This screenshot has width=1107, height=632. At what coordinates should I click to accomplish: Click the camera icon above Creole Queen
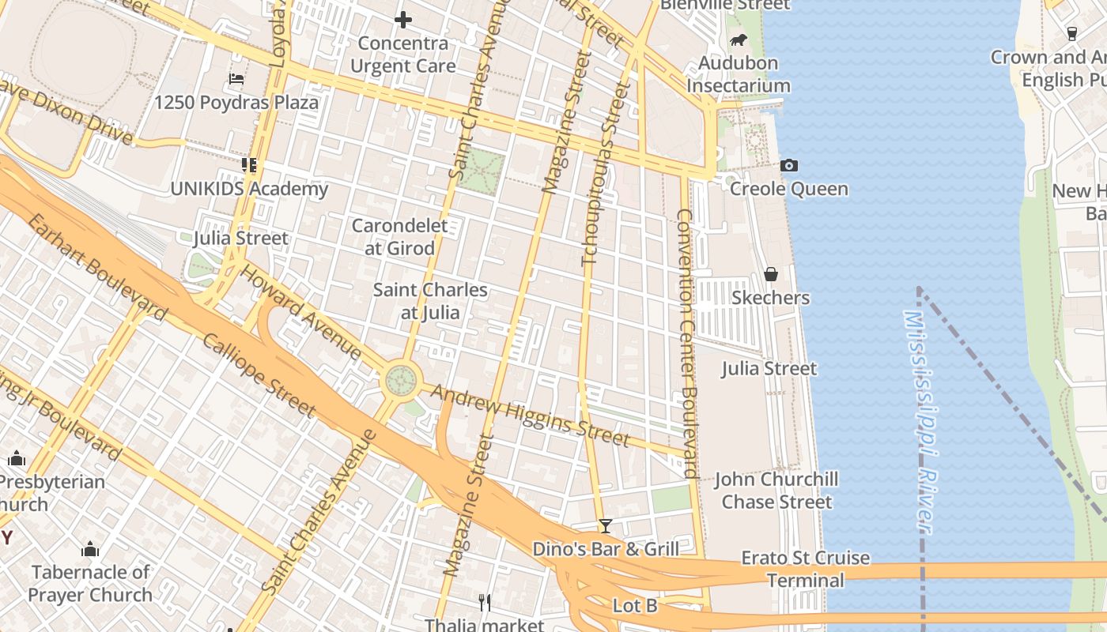(788, 165)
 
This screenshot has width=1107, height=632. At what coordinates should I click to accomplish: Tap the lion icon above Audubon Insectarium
(738, 39)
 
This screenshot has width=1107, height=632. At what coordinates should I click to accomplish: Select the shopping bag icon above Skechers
(771, 274)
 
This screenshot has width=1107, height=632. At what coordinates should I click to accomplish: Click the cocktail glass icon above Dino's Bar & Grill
(606, 525)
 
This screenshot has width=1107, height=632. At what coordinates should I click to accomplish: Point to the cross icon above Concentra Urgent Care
(403, 20)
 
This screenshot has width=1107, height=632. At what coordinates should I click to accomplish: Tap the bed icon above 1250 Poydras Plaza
(236, 79)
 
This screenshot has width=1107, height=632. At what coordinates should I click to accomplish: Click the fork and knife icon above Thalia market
(485, 603)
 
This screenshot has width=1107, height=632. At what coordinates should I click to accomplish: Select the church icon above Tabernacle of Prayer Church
(90, 549)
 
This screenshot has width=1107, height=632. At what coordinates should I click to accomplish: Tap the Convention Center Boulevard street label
(687, 344)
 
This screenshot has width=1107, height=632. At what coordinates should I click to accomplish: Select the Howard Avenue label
(300, 313)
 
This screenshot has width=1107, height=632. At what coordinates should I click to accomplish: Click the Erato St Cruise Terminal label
(805, 569)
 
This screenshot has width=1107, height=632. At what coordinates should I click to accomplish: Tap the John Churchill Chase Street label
(776, 490)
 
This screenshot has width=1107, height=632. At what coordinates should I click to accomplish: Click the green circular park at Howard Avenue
(401, 381)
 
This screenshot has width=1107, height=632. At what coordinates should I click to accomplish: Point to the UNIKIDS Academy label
(249, 189)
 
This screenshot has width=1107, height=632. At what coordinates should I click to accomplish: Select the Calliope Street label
(259, 374)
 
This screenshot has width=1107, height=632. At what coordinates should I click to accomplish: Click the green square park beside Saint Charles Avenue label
(480, 171)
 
